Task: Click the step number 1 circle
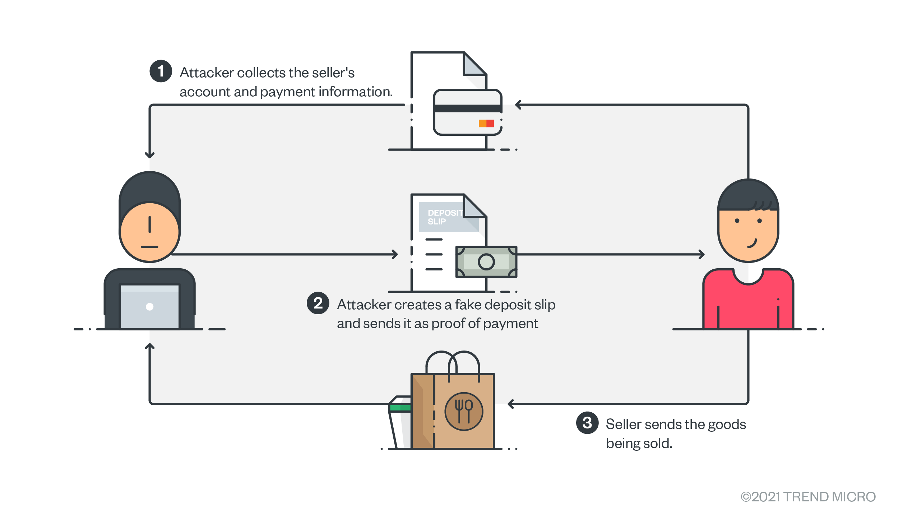[x=161, y=71]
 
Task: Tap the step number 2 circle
[x=318, y=303]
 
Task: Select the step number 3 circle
[x=587, y=423]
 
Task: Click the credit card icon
[x=467, y=112]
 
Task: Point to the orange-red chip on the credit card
[x=486, y=124]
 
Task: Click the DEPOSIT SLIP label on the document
[x=444, y=217]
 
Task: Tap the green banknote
[x=486, y=262]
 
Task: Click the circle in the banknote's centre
[x=486, y=262]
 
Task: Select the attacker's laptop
[x=149, y=306]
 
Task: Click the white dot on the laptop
[x=150, y=307]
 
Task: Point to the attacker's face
[x=149, y=232]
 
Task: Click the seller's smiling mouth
[x=752, y=244]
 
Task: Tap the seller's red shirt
[x=748, y=305]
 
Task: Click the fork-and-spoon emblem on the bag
[x=464, y=412]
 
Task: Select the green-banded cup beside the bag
[x=400, y=422]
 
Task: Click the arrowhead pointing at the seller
[x=702, y=254]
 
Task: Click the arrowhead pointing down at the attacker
[x=150, y=155]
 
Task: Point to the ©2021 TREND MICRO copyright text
[x=808, y=497]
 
